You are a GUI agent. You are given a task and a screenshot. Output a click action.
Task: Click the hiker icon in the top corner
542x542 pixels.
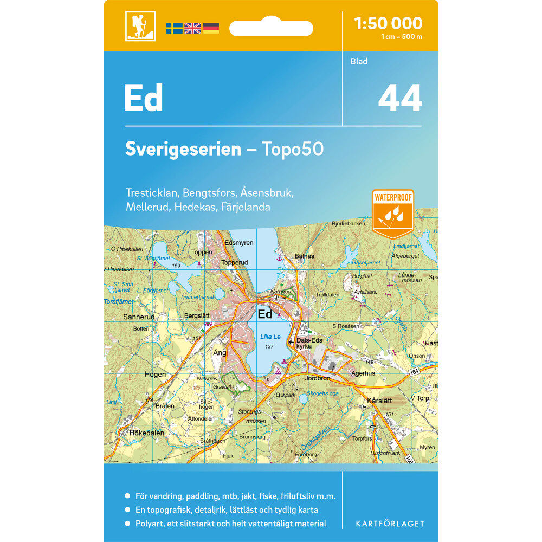pyautogui.click(x=140, y=26)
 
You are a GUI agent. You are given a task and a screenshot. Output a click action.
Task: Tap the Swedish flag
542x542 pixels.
pyautogui.click(x=174, y=28)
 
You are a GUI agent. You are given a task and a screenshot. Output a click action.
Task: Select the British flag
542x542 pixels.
pyautogui.click(x=192, y=28)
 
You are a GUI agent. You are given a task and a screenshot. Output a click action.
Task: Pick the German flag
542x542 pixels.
pyautogui.click(x=210, y=28)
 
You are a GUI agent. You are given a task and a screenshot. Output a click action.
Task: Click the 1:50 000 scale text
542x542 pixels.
pyautogui.click(x=388, y=23)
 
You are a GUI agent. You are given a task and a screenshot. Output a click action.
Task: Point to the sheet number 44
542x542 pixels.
pyautogui.click(x=399, y=99)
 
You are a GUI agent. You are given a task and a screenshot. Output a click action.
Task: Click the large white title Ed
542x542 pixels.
pyautogui.click(x=143, y=98)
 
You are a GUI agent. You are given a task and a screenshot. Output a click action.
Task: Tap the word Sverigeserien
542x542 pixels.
pyautogui.click(x=183, y=149)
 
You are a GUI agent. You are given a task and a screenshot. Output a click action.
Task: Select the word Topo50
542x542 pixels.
pyautogui.click(x=293, y=149)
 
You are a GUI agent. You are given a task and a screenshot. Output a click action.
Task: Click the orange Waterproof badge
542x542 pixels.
pyautogui.click(x=392, y=211)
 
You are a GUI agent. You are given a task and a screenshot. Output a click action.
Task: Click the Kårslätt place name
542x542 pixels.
pyautogui.click(x=379, y=401)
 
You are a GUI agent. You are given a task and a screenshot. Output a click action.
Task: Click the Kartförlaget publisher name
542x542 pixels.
pyautogui.click(x=390, y=524)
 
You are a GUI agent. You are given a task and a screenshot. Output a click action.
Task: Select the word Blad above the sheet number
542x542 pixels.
pyautogui.click(x=359, y=61)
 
